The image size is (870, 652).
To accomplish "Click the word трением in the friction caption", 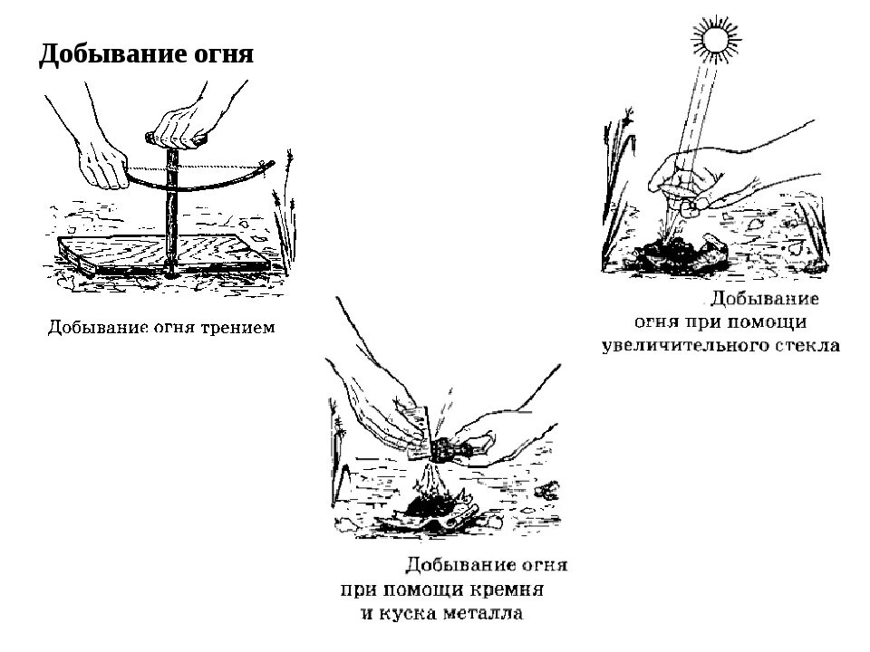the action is pyautogui.click(x=237, y=327).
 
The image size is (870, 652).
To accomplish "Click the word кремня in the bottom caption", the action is pyautogui.click(x=510, y=590).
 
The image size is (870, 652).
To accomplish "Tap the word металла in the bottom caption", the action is pyautogui.click(x=481, y=614).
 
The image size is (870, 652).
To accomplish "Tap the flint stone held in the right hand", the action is pyautogui.click(x=450, y=449).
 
